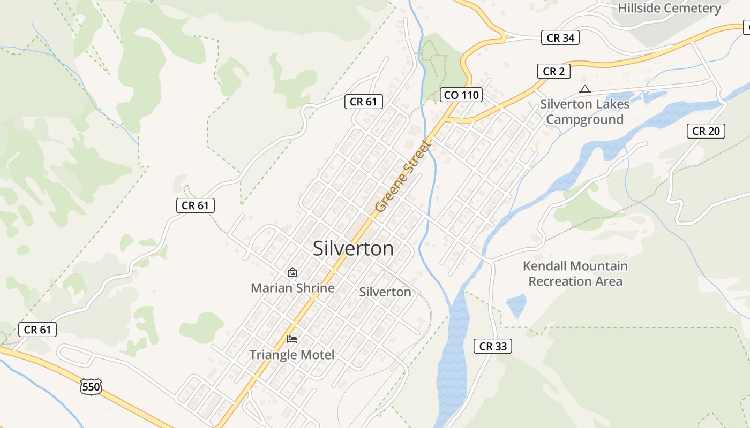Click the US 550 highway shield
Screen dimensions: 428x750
click(x=91, y=386)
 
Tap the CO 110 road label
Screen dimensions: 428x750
click(x=461, y=95)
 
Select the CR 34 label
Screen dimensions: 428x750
click(x=560, y=38)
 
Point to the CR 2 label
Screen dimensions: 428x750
click(x=553, y=71)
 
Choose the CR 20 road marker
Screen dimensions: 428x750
click(x=706, y=131)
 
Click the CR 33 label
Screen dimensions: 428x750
click(x=493, y=346)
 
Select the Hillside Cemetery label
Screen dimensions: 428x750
click(x=669, y=8)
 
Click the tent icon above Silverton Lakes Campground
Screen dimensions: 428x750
click(x=584, y=89)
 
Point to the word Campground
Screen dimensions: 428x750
click(x=584, y=119)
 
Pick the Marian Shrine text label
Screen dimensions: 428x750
click(x=292, y=288)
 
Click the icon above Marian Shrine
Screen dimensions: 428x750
click(x=292, y=272)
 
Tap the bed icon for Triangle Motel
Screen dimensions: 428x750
click(x=292, y=339)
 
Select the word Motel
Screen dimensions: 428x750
click(x=317, y=355)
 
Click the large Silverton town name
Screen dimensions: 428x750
click(x=353, y=249)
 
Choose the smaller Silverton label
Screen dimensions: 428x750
click(x=385, y=292)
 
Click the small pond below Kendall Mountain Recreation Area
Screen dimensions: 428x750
click(x=516, y=305)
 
